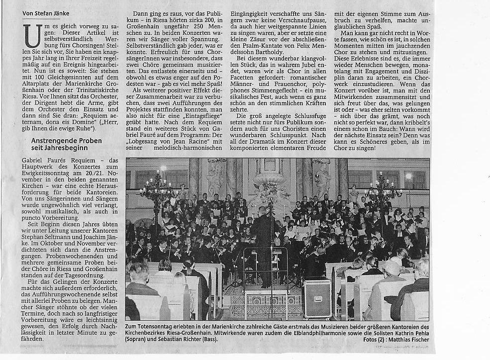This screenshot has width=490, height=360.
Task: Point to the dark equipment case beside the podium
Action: (317, 299)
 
